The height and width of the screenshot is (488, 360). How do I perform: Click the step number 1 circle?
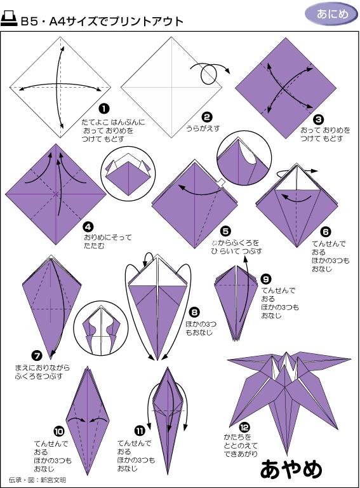click(104, 109)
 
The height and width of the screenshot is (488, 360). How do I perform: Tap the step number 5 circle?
click(225, 231)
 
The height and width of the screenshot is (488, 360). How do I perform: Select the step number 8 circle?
click(194, 312)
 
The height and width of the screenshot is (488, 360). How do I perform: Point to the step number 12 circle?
click(244, 428)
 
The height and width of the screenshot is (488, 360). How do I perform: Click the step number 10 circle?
click(59, 431)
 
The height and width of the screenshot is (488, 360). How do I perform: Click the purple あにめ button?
click(331, 14)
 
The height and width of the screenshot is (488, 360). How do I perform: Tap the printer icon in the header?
click(9, 19)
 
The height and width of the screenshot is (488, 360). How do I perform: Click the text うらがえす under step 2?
click(203, 128)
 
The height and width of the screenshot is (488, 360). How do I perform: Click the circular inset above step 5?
click(244, 158)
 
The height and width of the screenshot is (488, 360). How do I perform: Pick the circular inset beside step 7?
click(102, 328)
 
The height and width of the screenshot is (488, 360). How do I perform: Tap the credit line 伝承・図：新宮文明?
click(37, 480)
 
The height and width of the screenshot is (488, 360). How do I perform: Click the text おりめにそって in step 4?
click(107, 238)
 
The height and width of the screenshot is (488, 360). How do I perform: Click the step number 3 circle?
click(318, 119)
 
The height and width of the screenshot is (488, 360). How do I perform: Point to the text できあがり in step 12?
click(241, 454)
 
